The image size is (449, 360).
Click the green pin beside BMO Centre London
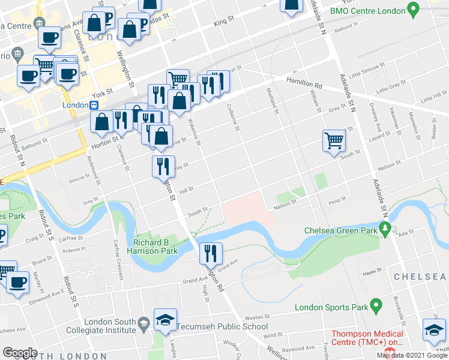point(412,10)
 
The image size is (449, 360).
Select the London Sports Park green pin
point(376,307)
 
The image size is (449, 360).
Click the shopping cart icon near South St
point(334,141)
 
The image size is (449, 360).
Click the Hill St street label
point(186,190)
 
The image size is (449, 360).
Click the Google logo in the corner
point(20,353)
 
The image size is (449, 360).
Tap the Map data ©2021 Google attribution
point(412,355)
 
